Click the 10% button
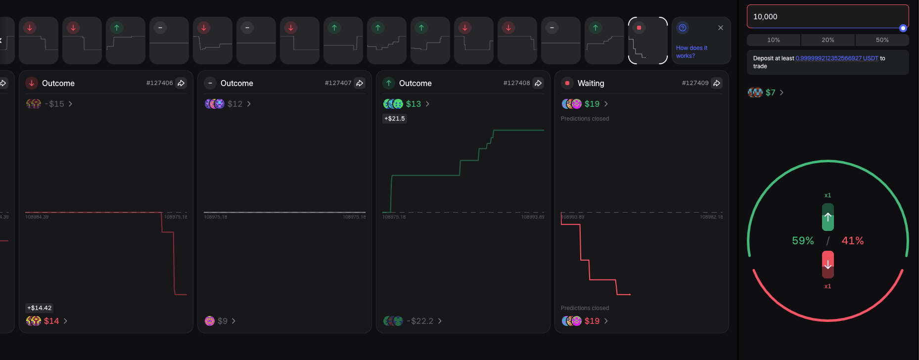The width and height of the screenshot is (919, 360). pos(773,40)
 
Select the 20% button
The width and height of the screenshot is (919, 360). pos(827,40)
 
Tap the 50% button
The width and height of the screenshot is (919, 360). pos(882,40)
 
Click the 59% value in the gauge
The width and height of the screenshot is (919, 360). pos(803,241)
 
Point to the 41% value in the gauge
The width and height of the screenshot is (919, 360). pos(853,241)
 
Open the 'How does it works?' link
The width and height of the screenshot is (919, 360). pos(691,52)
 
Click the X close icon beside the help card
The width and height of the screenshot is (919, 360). pos(721,28)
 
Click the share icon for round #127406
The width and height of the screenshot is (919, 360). pos(182,83)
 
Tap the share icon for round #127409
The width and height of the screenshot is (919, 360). pos(717,83)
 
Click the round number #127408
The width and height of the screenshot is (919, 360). pos(516,83)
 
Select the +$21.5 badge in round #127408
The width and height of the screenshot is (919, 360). pos(395,119)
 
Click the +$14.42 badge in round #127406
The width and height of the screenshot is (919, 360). pos(40,308)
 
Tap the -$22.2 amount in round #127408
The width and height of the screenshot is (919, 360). pos(420,321)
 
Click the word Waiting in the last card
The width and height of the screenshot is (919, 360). pos(591,84)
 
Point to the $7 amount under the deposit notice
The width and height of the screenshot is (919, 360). pos(770,92)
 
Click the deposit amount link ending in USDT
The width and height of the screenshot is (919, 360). pos(837,58)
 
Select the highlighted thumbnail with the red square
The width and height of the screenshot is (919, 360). pos(648,41)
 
